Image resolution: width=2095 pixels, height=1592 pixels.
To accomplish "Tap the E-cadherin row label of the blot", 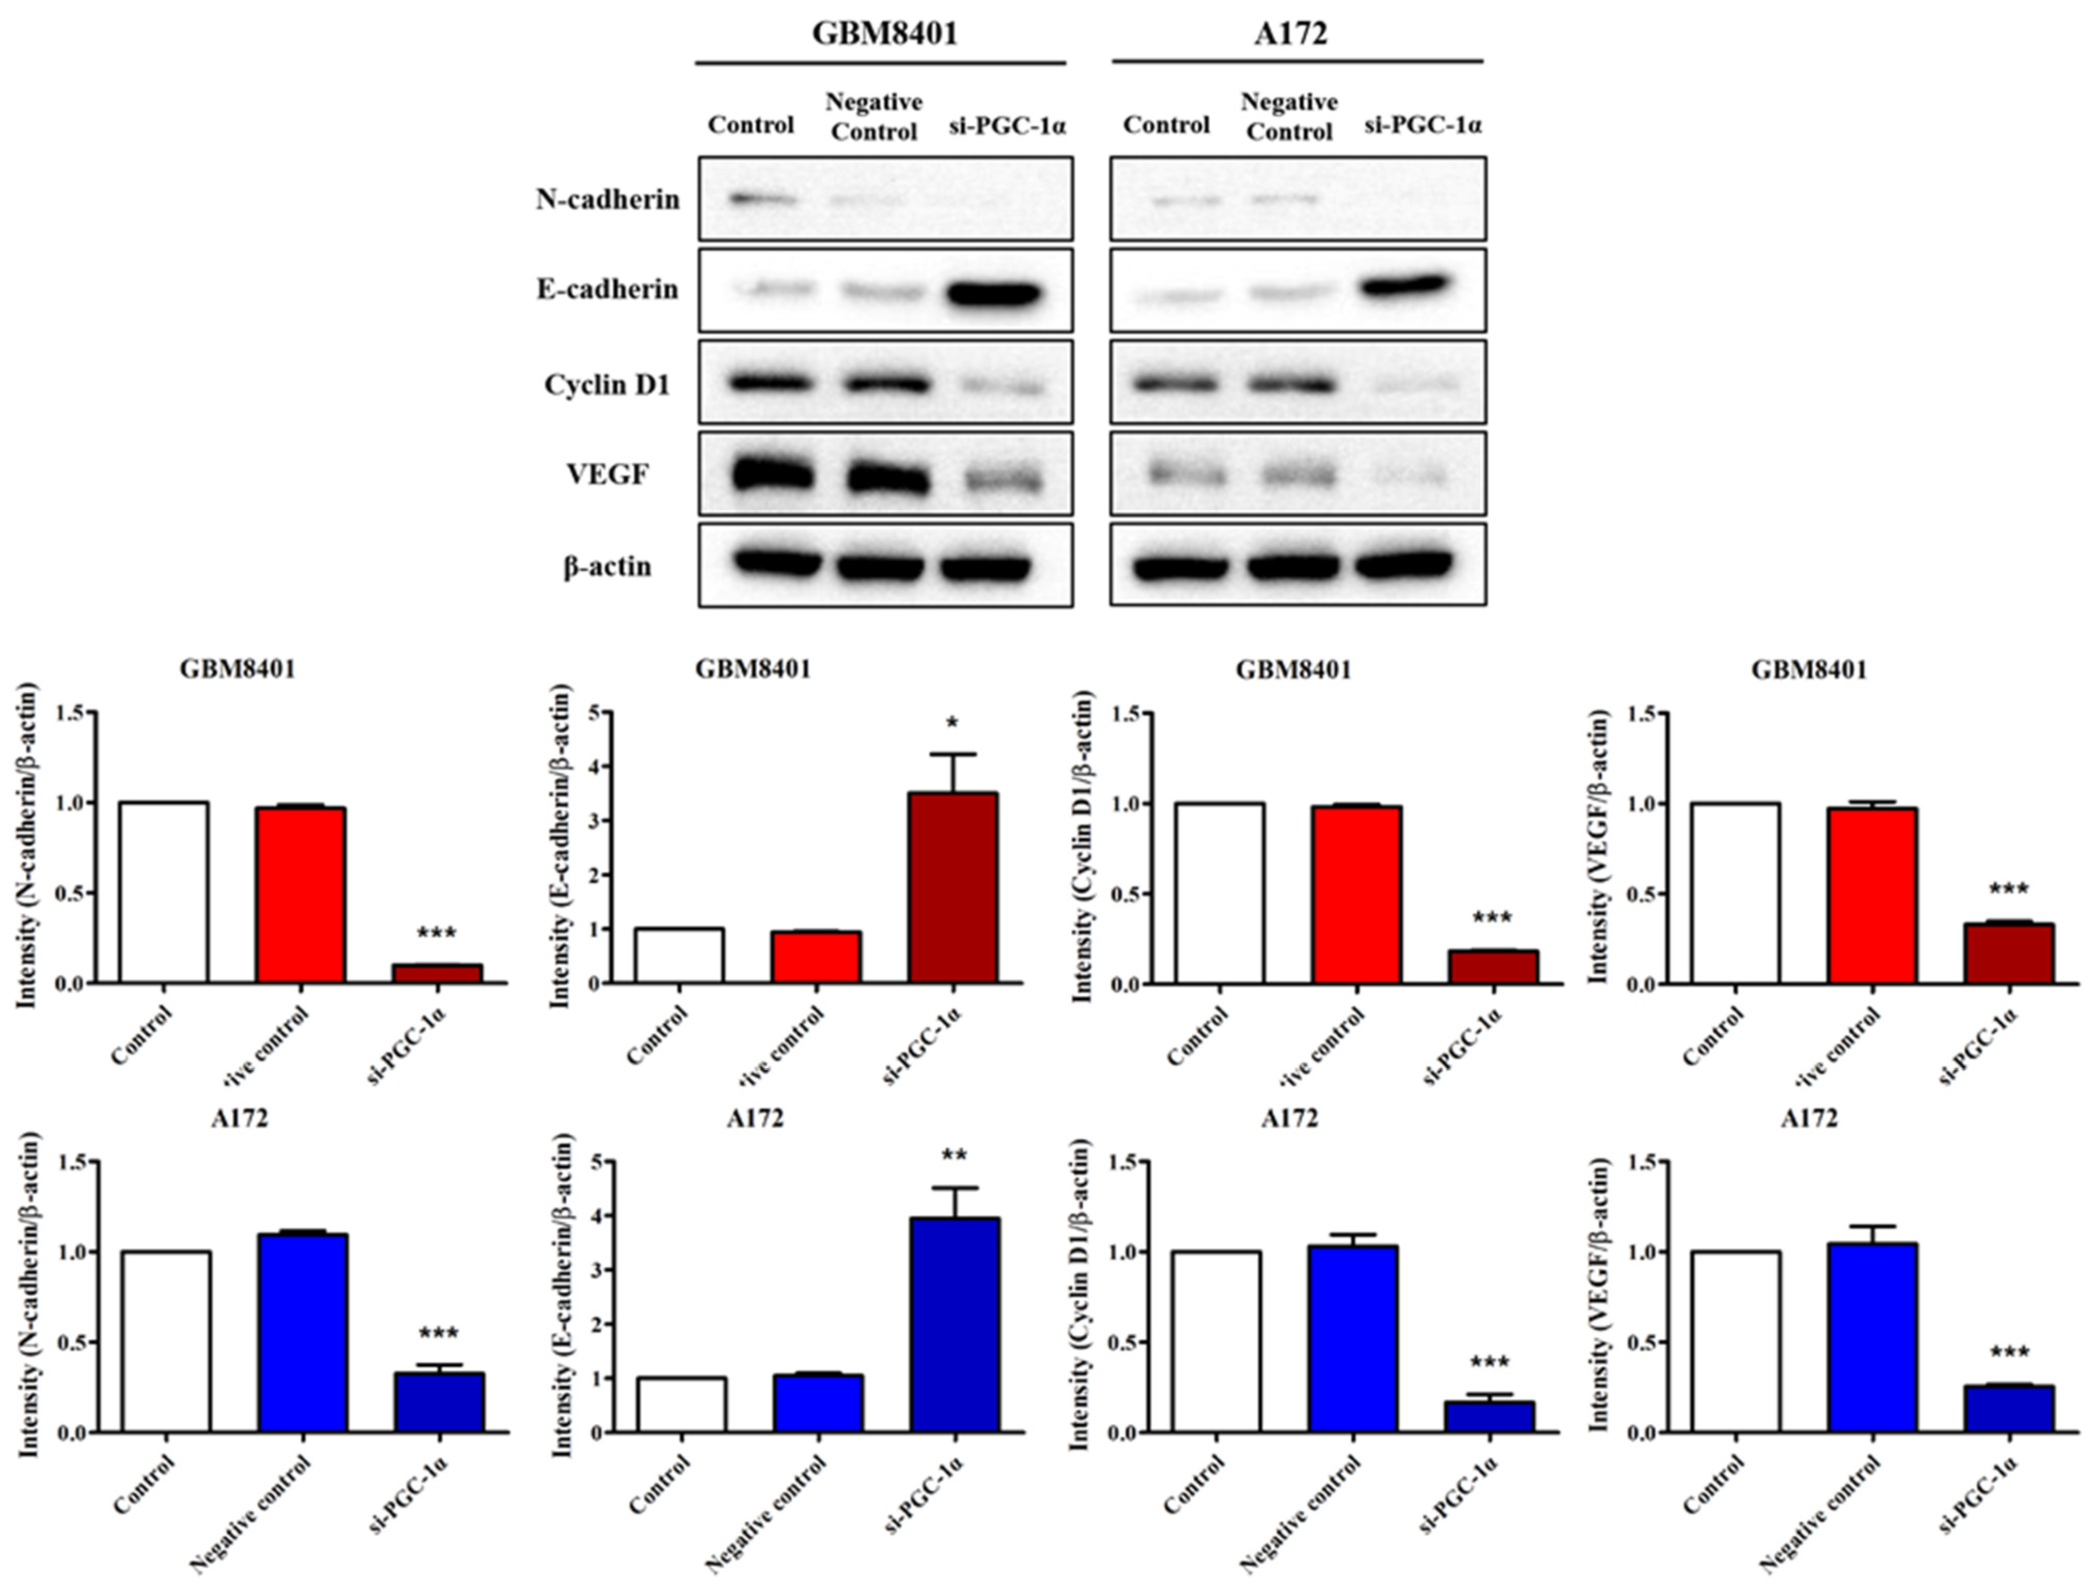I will pyautogui.click(x=607, y=289).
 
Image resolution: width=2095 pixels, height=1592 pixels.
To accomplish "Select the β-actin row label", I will pyautogui.click(x=607, y=567).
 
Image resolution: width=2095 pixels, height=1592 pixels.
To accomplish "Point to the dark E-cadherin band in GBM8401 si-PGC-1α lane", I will pyautogui.click(x=993, y=293).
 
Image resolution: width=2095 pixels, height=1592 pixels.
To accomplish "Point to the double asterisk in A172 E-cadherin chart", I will pyautogui.click(x=954, y=1156).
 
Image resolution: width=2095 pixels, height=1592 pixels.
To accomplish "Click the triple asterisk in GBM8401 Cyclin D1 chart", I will pyautogui.click(x=1492, y=917).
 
